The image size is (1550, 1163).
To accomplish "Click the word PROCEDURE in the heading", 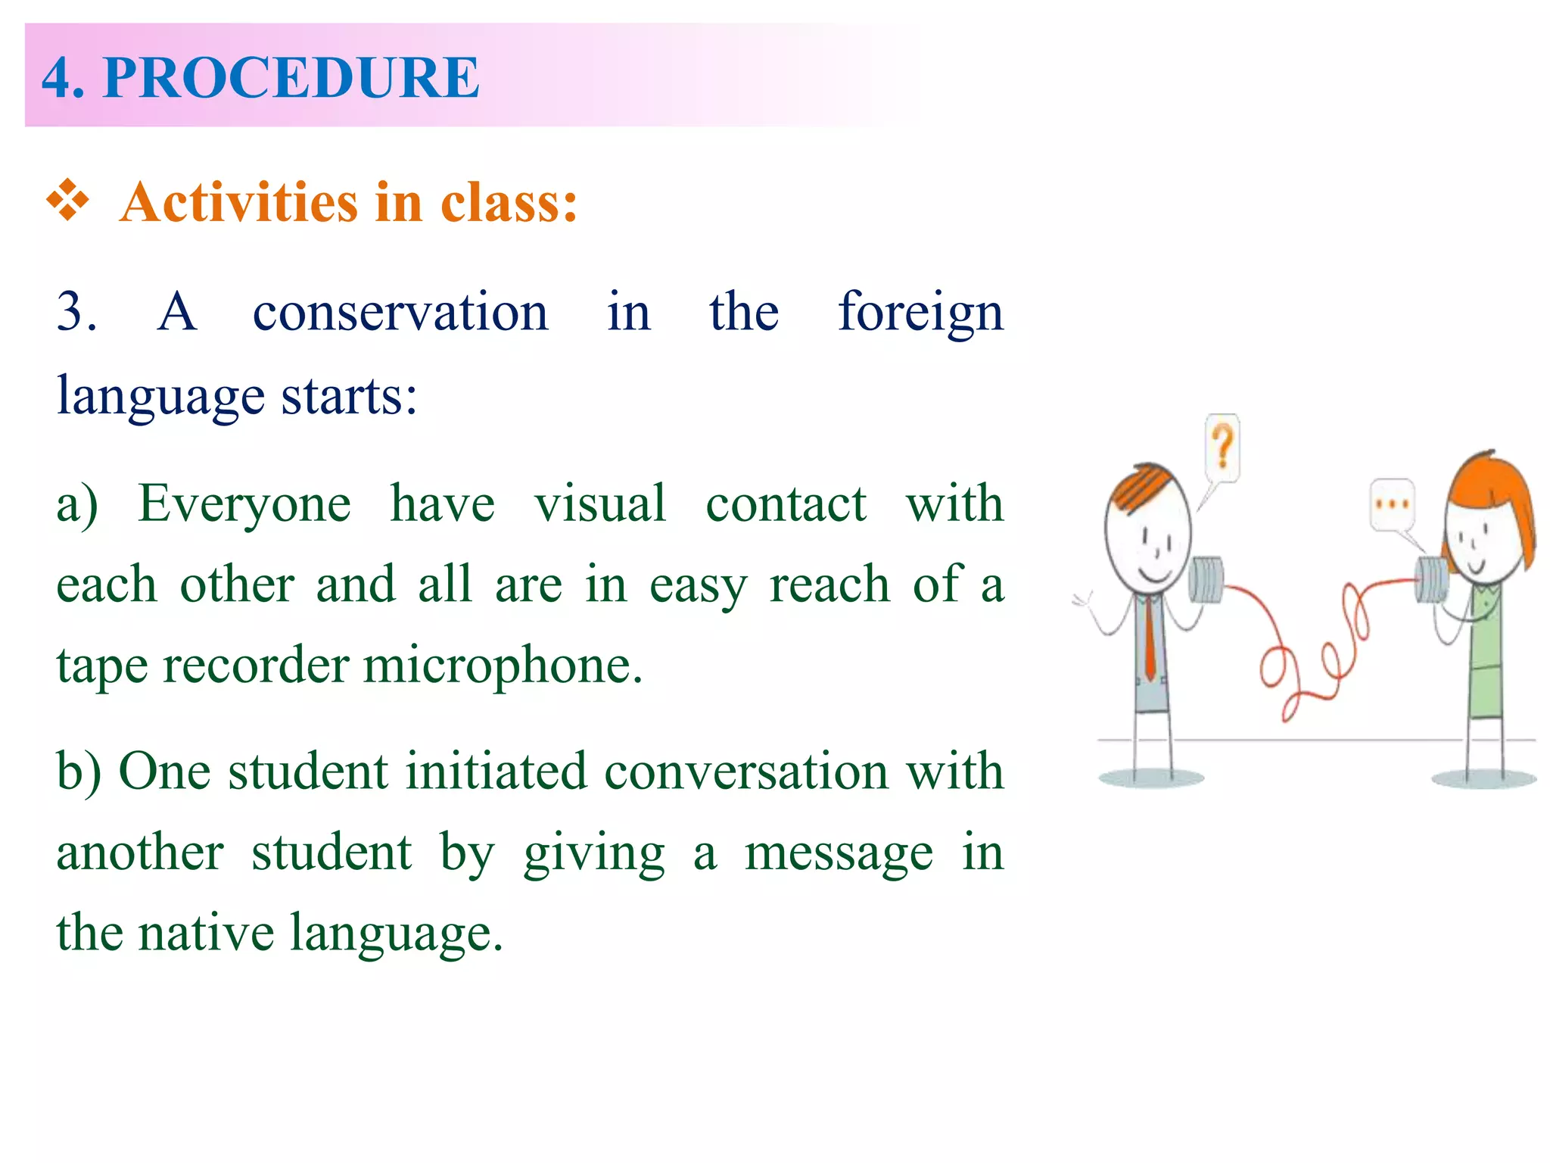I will pyautogui.click(x=291, y=77).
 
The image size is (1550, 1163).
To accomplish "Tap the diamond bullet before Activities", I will pyautogui.click(x=68, y=201).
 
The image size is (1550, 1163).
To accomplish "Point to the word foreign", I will pyautogui.click(x=920, y=313).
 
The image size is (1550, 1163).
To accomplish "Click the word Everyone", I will pyautogui.click(x=244, y=504).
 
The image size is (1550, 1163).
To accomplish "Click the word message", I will pyautogui.click(x=839, y=854).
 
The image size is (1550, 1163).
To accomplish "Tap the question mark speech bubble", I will pyautogui.click(x=1222, y=448).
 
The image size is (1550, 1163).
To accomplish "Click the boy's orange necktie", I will pyautogui.click(x=1150, y=636).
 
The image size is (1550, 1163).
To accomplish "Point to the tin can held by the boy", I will pyautogui.click(x=1205, y=580).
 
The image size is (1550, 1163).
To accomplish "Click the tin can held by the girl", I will pyautogui.click(x=1432, y=581).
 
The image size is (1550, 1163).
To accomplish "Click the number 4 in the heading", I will pyautogui.click(x=61, y=77).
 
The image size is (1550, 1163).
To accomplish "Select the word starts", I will pyautogui.click(x=348, y=396).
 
